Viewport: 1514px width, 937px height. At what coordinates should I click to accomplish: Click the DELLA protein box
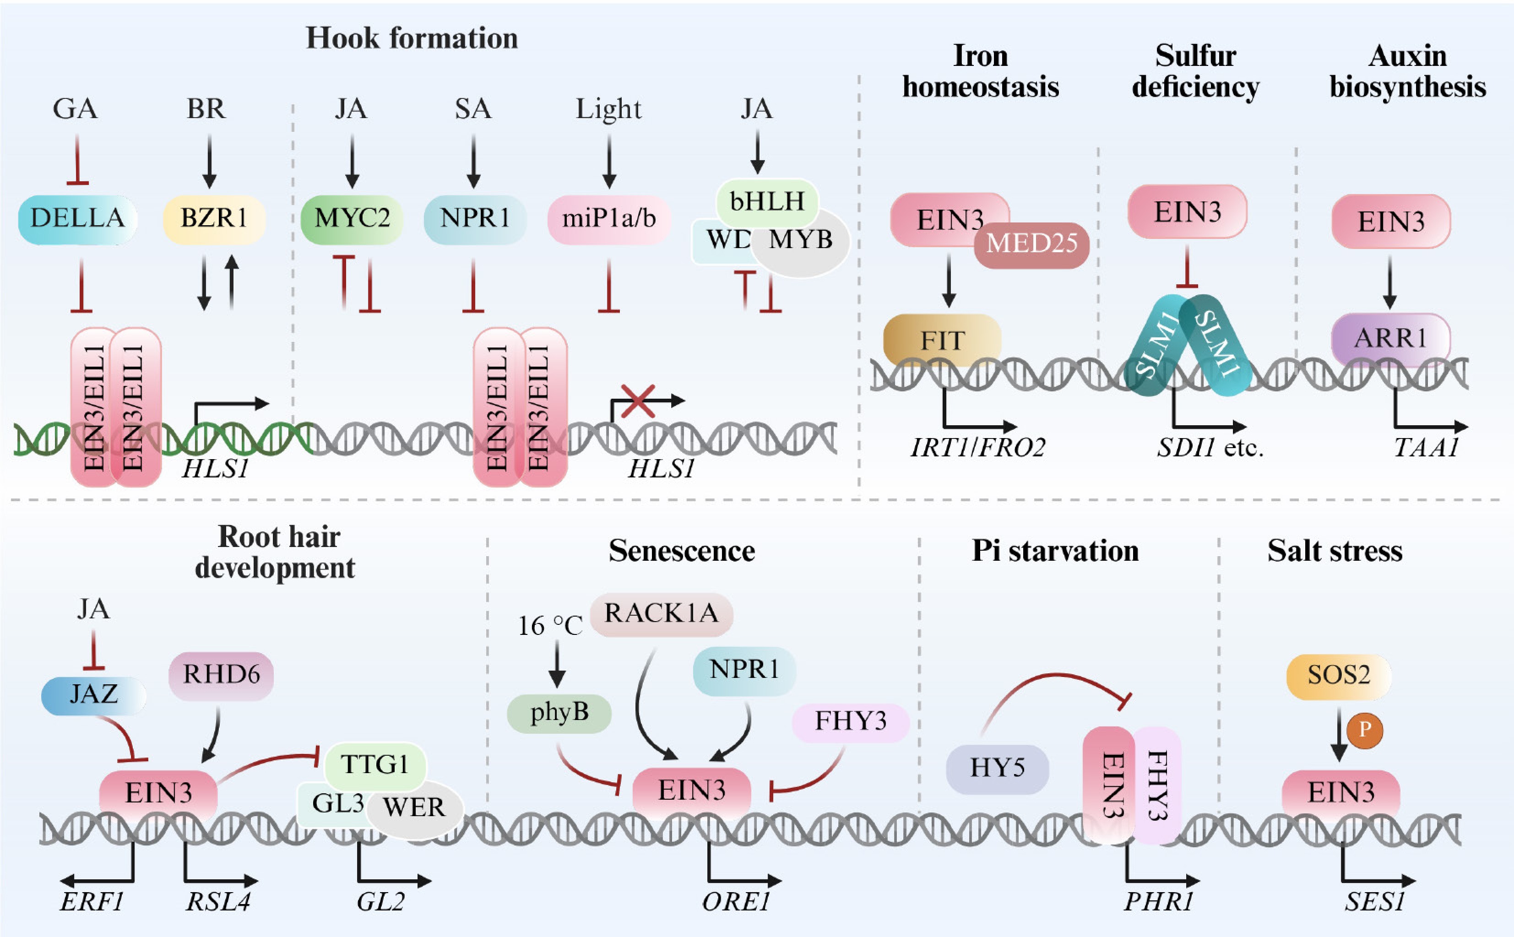click(x=77, y=218)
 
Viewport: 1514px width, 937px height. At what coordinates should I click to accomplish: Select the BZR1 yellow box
click(x=214, y=218)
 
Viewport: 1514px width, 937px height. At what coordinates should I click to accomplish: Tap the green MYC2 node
click(x=352, y=218)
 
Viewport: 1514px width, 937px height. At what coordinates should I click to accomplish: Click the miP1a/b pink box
click(x=608, y=218)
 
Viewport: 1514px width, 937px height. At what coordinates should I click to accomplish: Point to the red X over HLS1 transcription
click(x=638, y=401)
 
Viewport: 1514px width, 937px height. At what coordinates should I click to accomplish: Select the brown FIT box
click(x=942, y=340)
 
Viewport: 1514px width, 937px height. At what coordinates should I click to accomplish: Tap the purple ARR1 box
click(x=1390, y=338)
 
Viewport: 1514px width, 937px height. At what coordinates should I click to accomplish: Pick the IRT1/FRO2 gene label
click(x=977, y=447)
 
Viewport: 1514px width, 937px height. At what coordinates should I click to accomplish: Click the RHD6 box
click(x=221, y=674)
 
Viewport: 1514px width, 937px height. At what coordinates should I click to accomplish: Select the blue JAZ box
click(x=93, y=694)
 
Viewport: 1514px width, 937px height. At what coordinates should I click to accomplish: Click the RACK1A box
click(x=661, y=613)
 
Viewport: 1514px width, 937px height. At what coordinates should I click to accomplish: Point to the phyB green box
click(x=559, y=713)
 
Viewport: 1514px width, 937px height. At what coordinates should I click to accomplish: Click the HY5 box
click(x=997, y=769)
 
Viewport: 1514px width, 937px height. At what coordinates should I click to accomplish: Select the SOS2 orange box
click(x=1339, y=676)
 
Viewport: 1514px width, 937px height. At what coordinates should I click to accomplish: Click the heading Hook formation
click(x=412, y=38)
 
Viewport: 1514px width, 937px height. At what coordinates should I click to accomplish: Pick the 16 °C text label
click(x=550, y=626)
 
